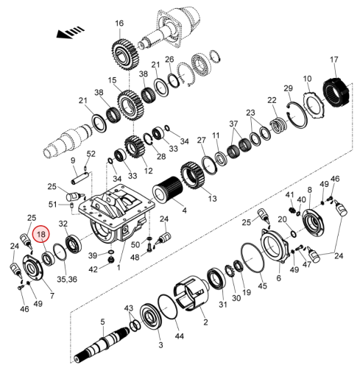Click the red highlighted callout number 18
pyautogui.click(x=41, y=234)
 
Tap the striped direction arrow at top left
pyautogui.click(x=70, y=32)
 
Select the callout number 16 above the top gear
pyautogui.click(x=119, y=24)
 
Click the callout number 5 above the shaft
pyautogui.click(x=102, y=322)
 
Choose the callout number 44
pyautogui.click(x=179, y=336)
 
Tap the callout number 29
pyautogui.click(x=289, y=88)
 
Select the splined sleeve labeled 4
pyautogui.click(x=168, y=191)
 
